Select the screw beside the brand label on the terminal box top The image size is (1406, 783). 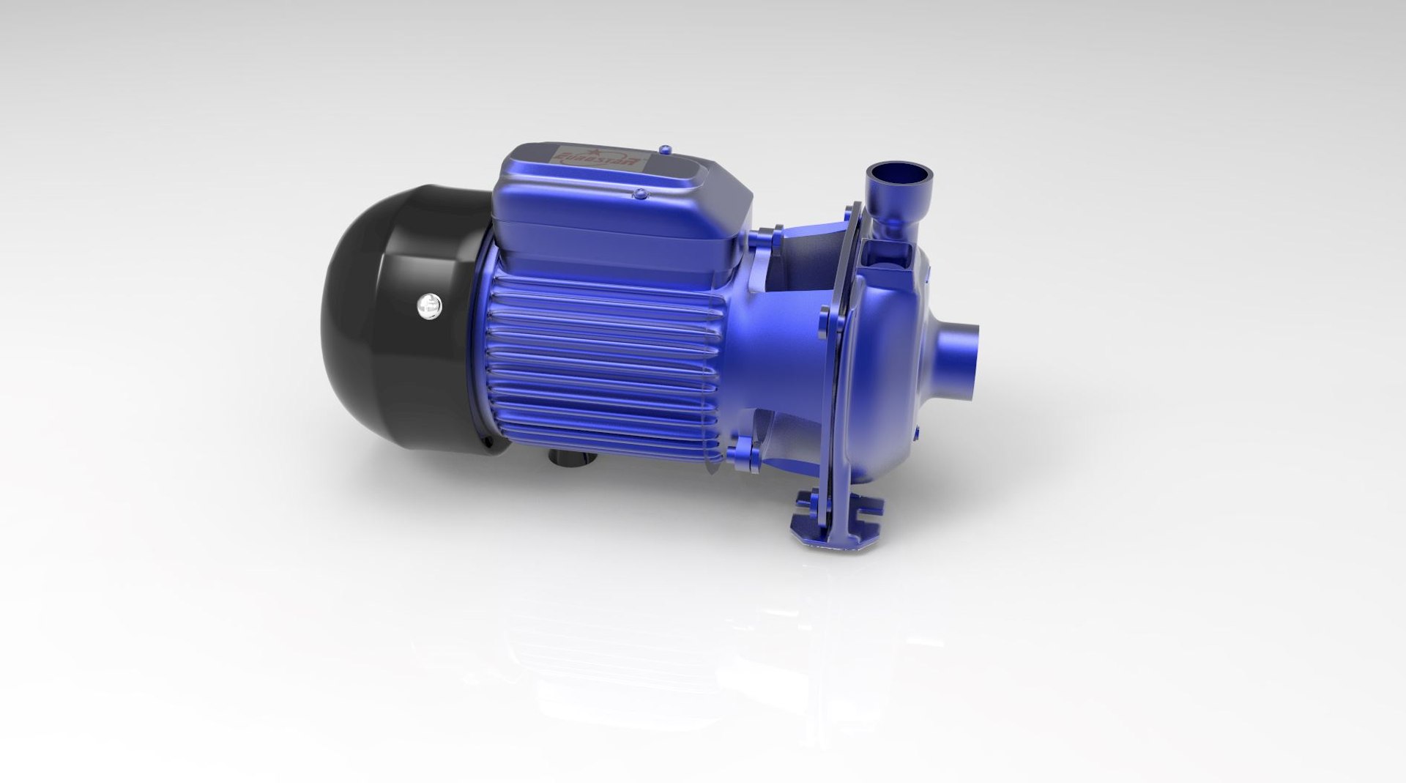pyautogui.click(x=664, y=150)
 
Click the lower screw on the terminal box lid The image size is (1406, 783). pyautogui.click(x=640, y=194)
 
